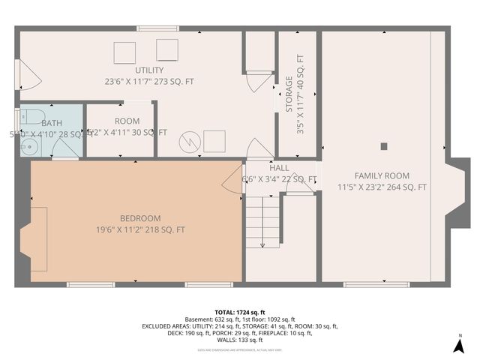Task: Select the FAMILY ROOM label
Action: (382, 175)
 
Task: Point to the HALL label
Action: (279, 168)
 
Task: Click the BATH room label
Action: (52, 123)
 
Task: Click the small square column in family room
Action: (384, 146)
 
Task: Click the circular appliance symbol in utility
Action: (192, 140)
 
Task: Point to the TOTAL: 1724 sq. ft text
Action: (240, 312)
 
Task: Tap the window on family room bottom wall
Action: (376, 284)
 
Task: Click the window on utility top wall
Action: (157, 29)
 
